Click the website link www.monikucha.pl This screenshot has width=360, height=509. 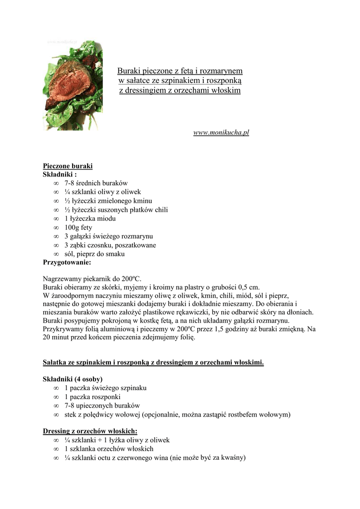(221, 133)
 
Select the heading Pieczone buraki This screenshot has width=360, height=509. (68, 166)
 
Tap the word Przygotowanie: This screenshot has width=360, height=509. (67, 262)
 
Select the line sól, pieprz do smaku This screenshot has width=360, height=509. (94, 254)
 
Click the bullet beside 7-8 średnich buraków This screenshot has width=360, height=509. (56, 183)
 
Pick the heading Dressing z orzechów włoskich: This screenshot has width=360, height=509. (90, 431)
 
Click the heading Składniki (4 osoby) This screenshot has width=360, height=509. (73, 379)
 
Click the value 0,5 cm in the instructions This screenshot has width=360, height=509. (249, 287)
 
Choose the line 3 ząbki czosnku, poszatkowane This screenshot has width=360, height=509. (110, 245)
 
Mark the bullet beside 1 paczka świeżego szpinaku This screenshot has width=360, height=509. (56, 388)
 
